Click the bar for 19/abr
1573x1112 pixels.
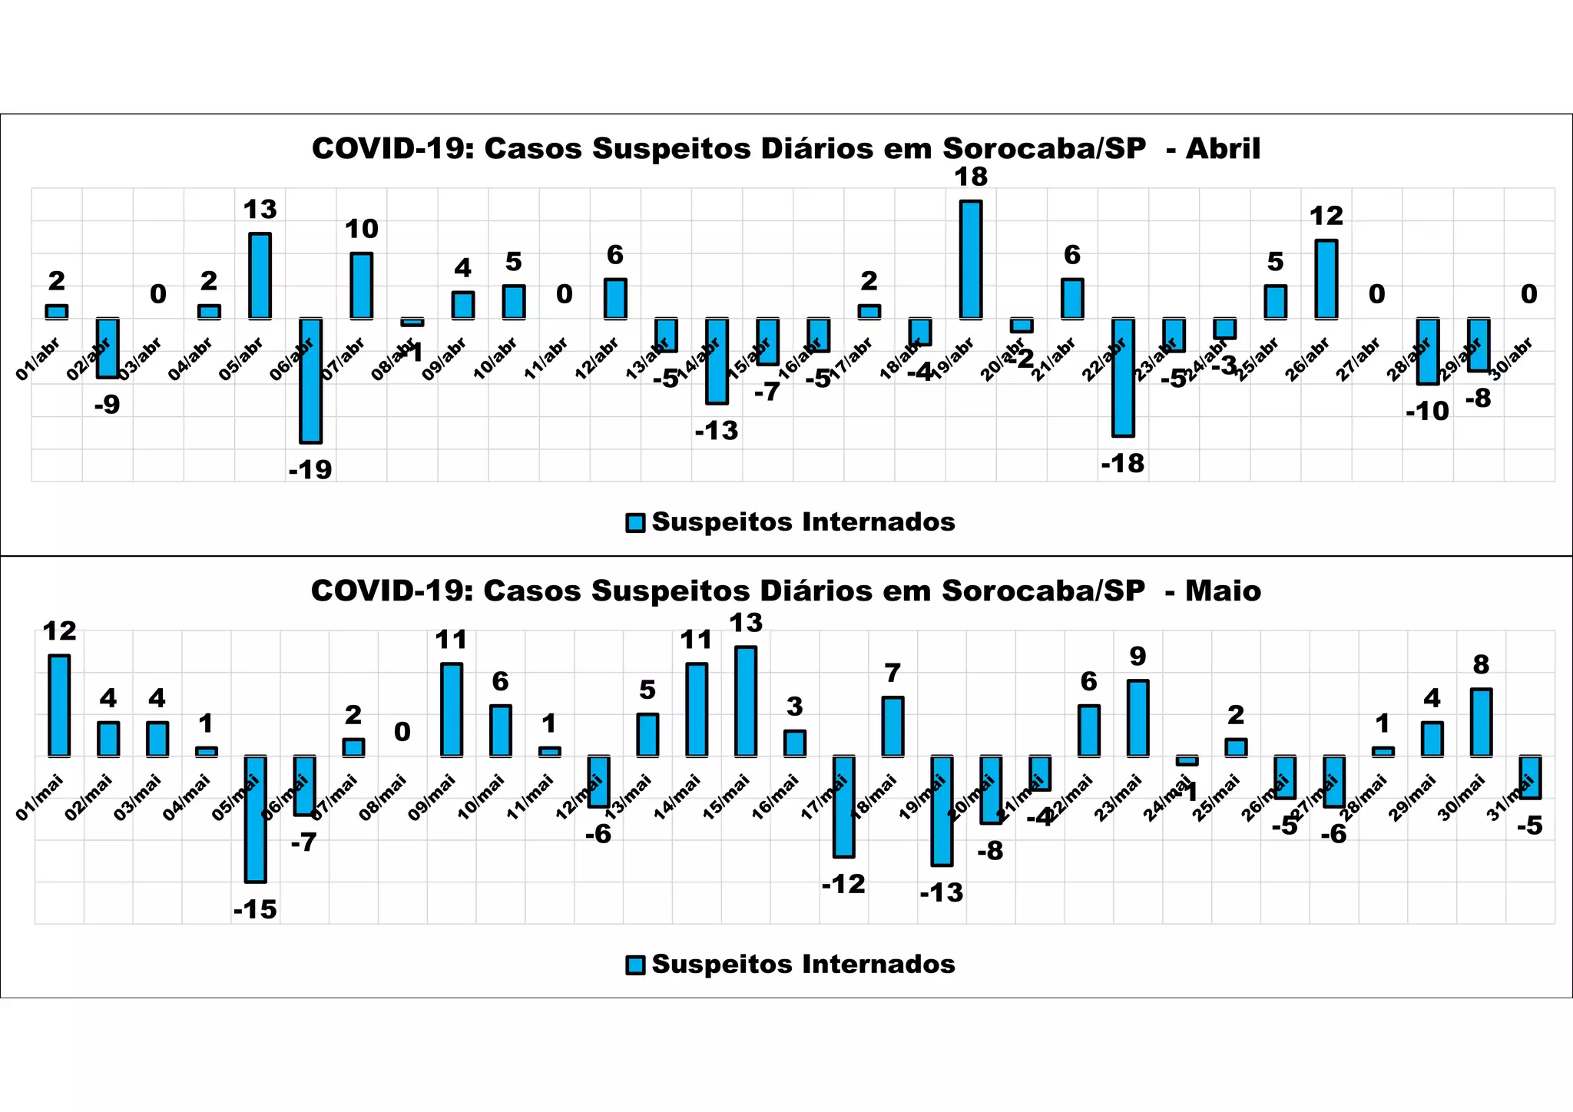(971, 260)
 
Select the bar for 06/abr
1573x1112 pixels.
(310, 380)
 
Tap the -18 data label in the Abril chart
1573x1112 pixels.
(1122, 464)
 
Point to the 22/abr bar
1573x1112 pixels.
(1123, 377)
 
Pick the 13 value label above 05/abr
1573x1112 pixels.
(260, 210)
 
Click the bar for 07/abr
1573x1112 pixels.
(362, 286)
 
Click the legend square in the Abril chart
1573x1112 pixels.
(635, 523)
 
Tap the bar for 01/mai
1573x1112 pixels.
(59, 706)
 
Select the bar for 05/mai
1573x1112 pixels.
(256, 819)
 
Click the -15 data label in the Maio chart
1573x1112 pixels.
(255, 910)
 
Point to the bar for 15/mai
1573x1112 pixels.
(746, 701)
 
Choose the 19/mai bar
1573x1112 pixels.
(942, 811)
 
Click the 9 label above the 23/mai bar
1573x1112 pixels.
(1138, 657)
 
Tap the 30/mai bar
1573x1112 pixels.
(1481, 723)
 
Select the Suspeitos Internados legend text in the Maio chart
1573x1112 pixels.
(803, 965)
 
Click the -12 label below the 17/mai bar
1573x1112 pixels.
(843, 885)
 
